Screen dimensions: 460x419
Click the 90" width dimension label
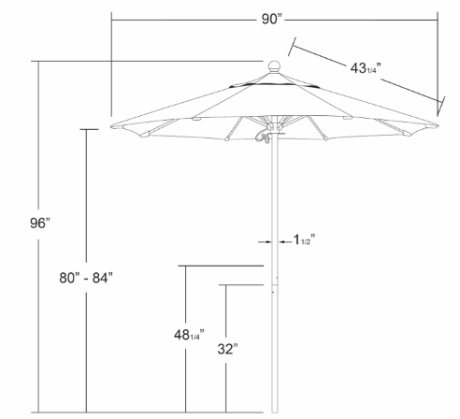(271, 19)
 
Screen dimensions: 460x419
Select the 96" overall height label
(40, 223)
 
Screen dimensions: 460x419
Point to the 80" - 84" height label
(86, 278)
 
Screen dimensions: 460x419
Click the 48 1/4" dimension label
(189, 335)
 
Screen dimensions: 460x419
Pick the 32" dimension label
(228, 349)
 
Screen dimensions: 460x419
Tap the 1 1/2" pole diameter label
(305, 240)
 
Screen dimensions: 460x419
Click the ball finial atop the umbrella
(275, 66)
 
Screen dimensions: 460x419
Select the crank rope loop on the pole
(263, 137)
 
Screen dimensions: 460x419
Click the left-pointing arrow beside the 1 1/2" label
(285, 241)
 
